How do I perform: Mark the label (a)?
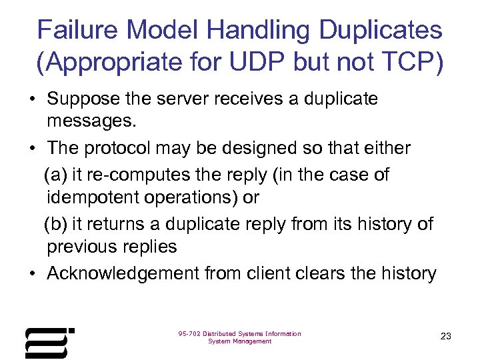point(56,175)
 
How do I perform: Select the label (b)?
point(56,225)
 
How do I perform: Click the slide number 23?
point(446,336)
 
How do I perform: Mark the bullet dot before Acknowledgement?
point(32,273)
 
